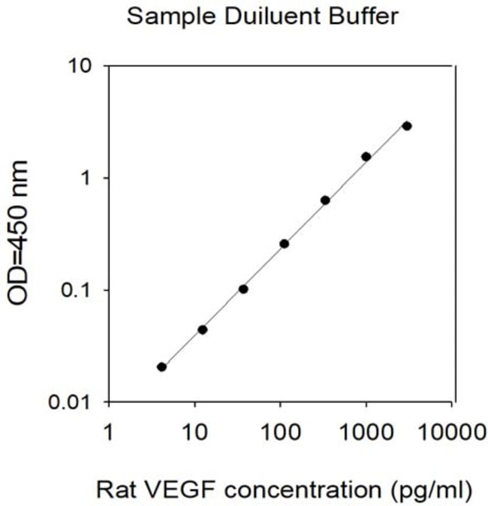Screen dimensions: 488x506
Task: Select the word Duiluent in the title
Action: click(273, 16)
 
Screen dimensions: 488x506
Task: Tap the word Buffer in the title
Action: click(363, 16)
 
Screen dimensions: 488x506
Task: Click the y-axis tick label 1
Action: click(86, 178)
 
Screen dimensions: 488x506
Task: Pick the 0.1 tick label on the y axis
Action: click(76, 290)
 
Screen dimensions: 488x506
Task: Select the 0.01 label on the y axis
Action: click(69, 402)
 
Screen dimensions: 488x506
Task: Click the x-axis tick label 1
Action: click(109, 432)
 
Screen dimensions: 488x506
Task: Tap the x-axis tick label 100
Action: click(280, 432)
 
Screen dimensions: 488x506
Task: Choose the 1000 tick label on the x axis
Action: click(366, 432)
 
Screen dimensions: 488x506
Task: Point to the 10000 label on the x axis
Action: click(451, 432)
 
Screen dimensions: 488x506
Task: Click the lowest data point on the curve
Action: click(161, 367)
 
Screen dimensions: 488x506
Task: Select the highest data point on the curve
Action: click(407, 126)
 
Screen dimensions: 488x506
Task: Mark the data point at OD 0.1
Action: click(243, 289)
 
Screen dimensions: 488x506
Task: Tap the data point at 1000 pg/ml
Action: click(366, 156)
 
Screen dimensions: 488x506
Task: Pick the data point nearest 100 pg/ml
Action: click(284, 244)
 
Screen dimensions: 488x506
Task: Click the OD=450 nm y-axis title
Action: click(18, 233)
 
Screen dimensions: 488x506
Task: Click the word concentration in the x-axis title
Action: click(303, 490)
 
